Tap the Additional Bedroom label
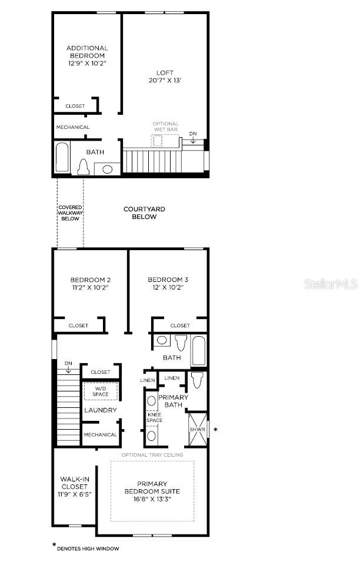(87, 55)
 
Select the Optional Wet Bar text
(165, 127)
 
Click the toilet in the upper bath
(82, 168)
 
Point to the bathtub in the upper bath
(62, 158)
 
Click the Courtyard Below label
(144, 212)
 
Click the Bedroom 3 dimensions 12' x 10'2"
(168, 287)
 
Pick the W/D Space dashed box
(100, 391)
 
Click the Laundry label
(100, 410)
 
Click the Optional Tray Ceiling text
(152, 455)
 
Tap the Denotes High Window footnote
(88, 549)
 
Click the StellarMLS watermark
(331, 284)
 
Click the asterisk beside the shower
(216, 430)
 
